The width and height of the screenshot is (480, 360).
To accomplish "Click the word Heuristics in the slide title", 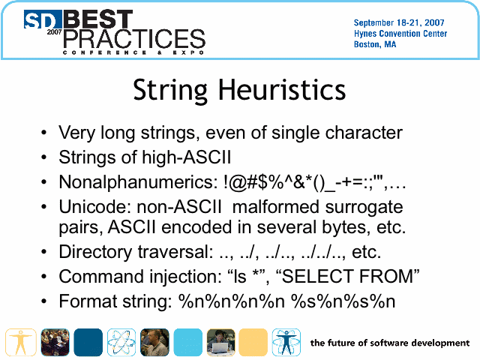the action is [x=282, y=90].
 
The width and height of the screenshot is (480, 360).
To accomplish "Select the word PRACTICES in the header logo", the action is [x=134, y=38].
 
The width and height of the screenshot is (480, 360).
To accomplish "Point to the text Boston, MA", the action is [x=375, y=45].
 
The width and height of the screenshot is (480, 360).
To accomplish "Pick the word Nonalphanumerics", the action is [x=138, y=182].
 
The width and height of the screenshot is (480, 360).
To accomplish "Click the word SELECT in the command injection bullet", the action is [x=316, y=277].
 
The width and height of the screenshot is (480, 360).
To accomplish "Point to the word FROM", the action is [x=385, y=277].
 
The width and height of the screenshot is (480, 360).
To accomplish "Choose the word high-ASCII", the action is [x=187, y=157].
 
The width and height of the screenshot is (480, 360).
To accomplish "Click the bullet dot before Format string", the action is [x=44, y=301].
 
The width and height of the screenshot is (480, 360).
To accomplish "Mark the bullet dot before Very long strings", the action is [x=44, y=133].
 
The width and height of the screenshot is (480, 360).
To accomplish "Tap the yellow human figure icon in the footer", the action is [x=21, y=342].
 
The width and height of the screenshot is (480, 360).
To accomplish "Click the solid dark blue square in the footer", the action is [x=88, y=342].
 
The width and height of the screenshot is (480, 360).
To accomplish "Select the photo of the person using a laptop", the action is [x=220, y=342].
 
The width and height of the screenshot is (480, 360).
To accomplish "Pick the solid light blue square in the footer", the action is [x=188, y=342].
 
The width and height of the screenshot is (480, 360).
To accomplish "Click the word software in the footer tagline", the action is [x=388, y=343].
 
